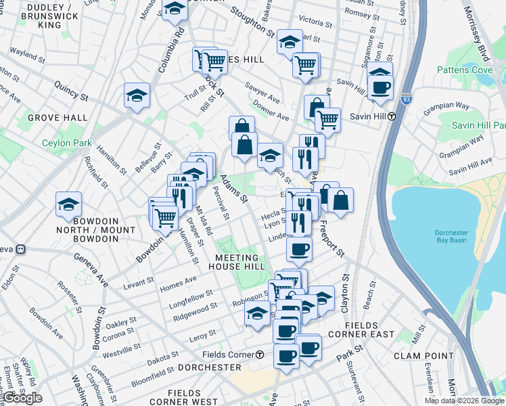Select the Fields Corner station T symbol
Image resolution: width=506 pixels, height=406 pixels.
tap(260, 355)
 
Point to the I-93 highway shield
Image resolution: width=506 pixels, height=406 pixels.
tap(406, 98)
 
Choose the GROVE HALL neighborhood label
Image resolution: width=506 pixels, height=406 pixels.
tap(57, 118)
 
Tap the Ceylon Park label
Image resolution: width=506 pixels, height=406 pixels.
tap(66, 143)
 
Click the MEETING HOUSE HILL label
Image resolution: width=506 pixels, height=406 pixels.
tap(237, 262)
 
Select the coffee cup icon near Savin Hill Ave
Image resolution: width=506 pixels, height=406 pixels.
tap(380, 87)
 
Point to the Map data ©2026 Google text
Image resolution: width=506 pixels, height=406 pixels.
tap(464, 401)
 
